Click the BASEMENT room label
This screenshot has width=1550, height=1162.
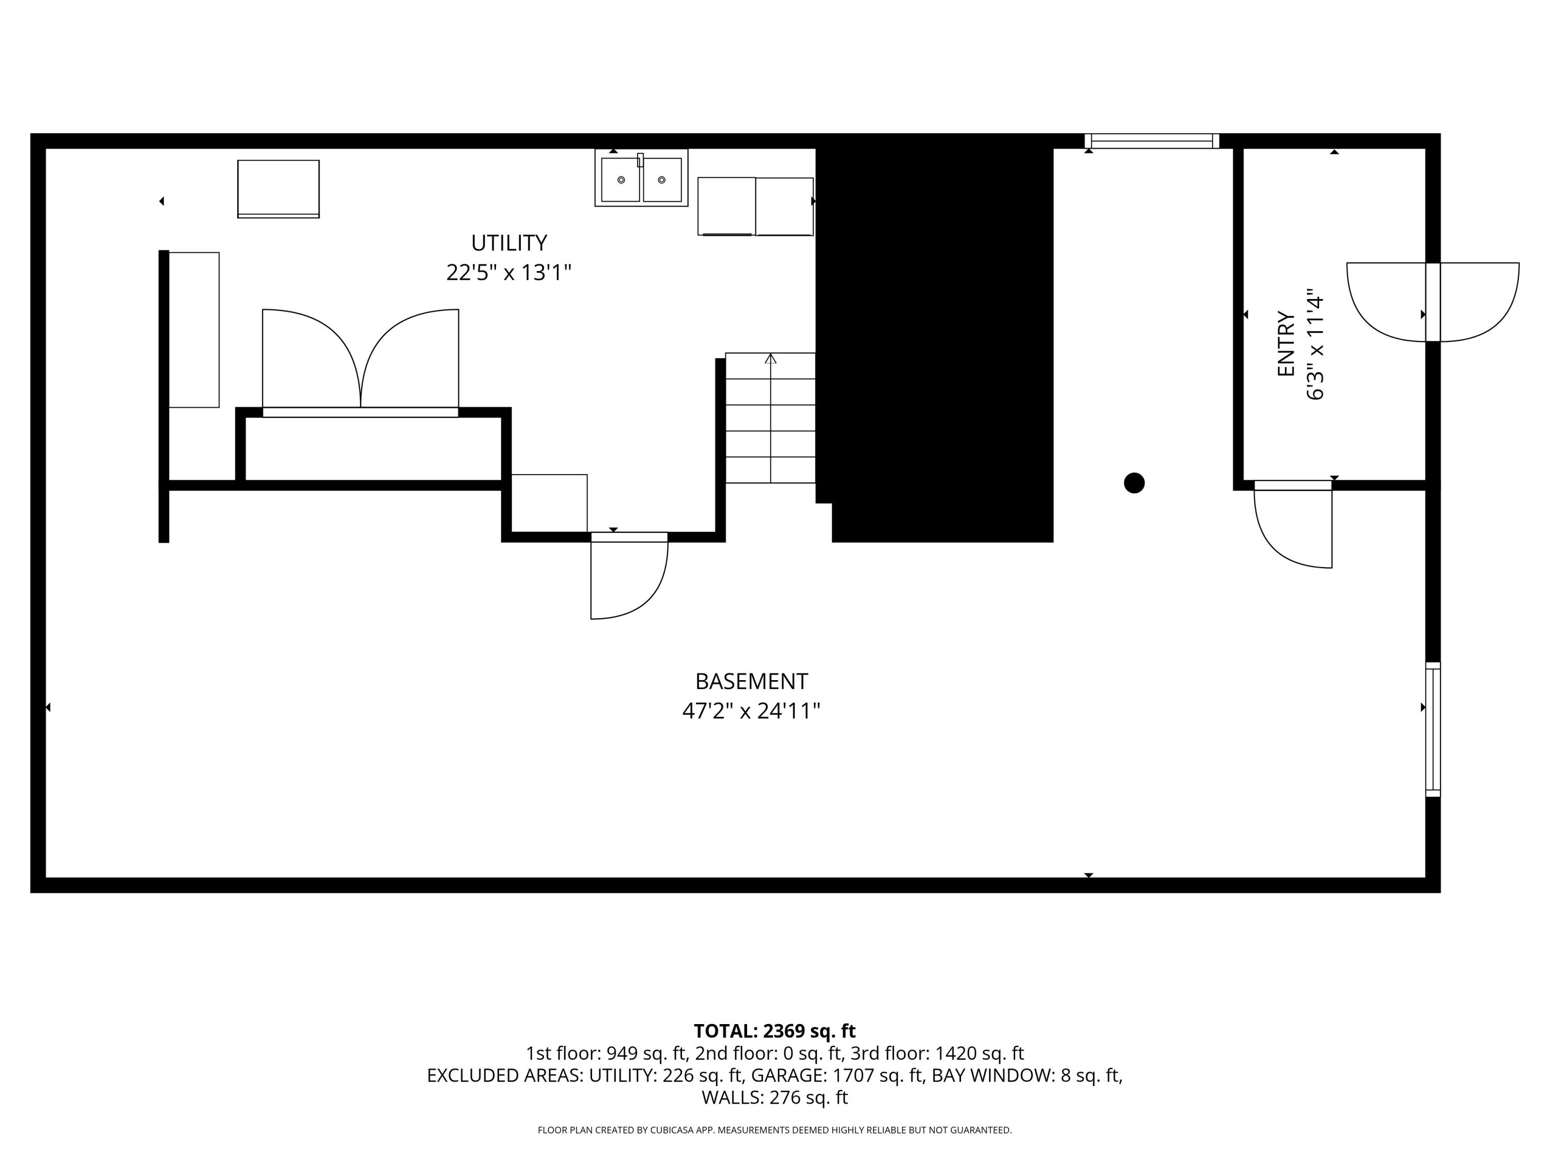pos(751,682)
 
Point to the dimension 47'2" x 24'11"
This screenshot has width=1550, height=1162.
pos(751,712)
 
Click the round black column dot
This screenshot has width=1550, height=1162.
pos(1134,483)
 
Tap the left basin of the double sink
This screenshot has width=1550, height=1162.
pos(620,180)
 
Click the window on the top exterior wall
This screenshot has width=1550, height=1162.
pos(1152,142)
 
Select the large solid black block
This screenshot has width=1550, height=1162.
pos(936,336)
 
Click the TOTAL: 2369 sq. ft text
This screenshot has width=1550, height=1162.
pos(774,1031)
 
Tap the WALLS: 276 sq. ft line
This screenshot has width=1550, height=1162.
pos(774,1097)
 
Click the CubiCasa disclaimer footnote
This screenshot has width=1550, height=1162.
pos(774,1130)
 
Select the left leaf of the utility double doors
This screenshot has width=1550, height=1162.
pos(308,357)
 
